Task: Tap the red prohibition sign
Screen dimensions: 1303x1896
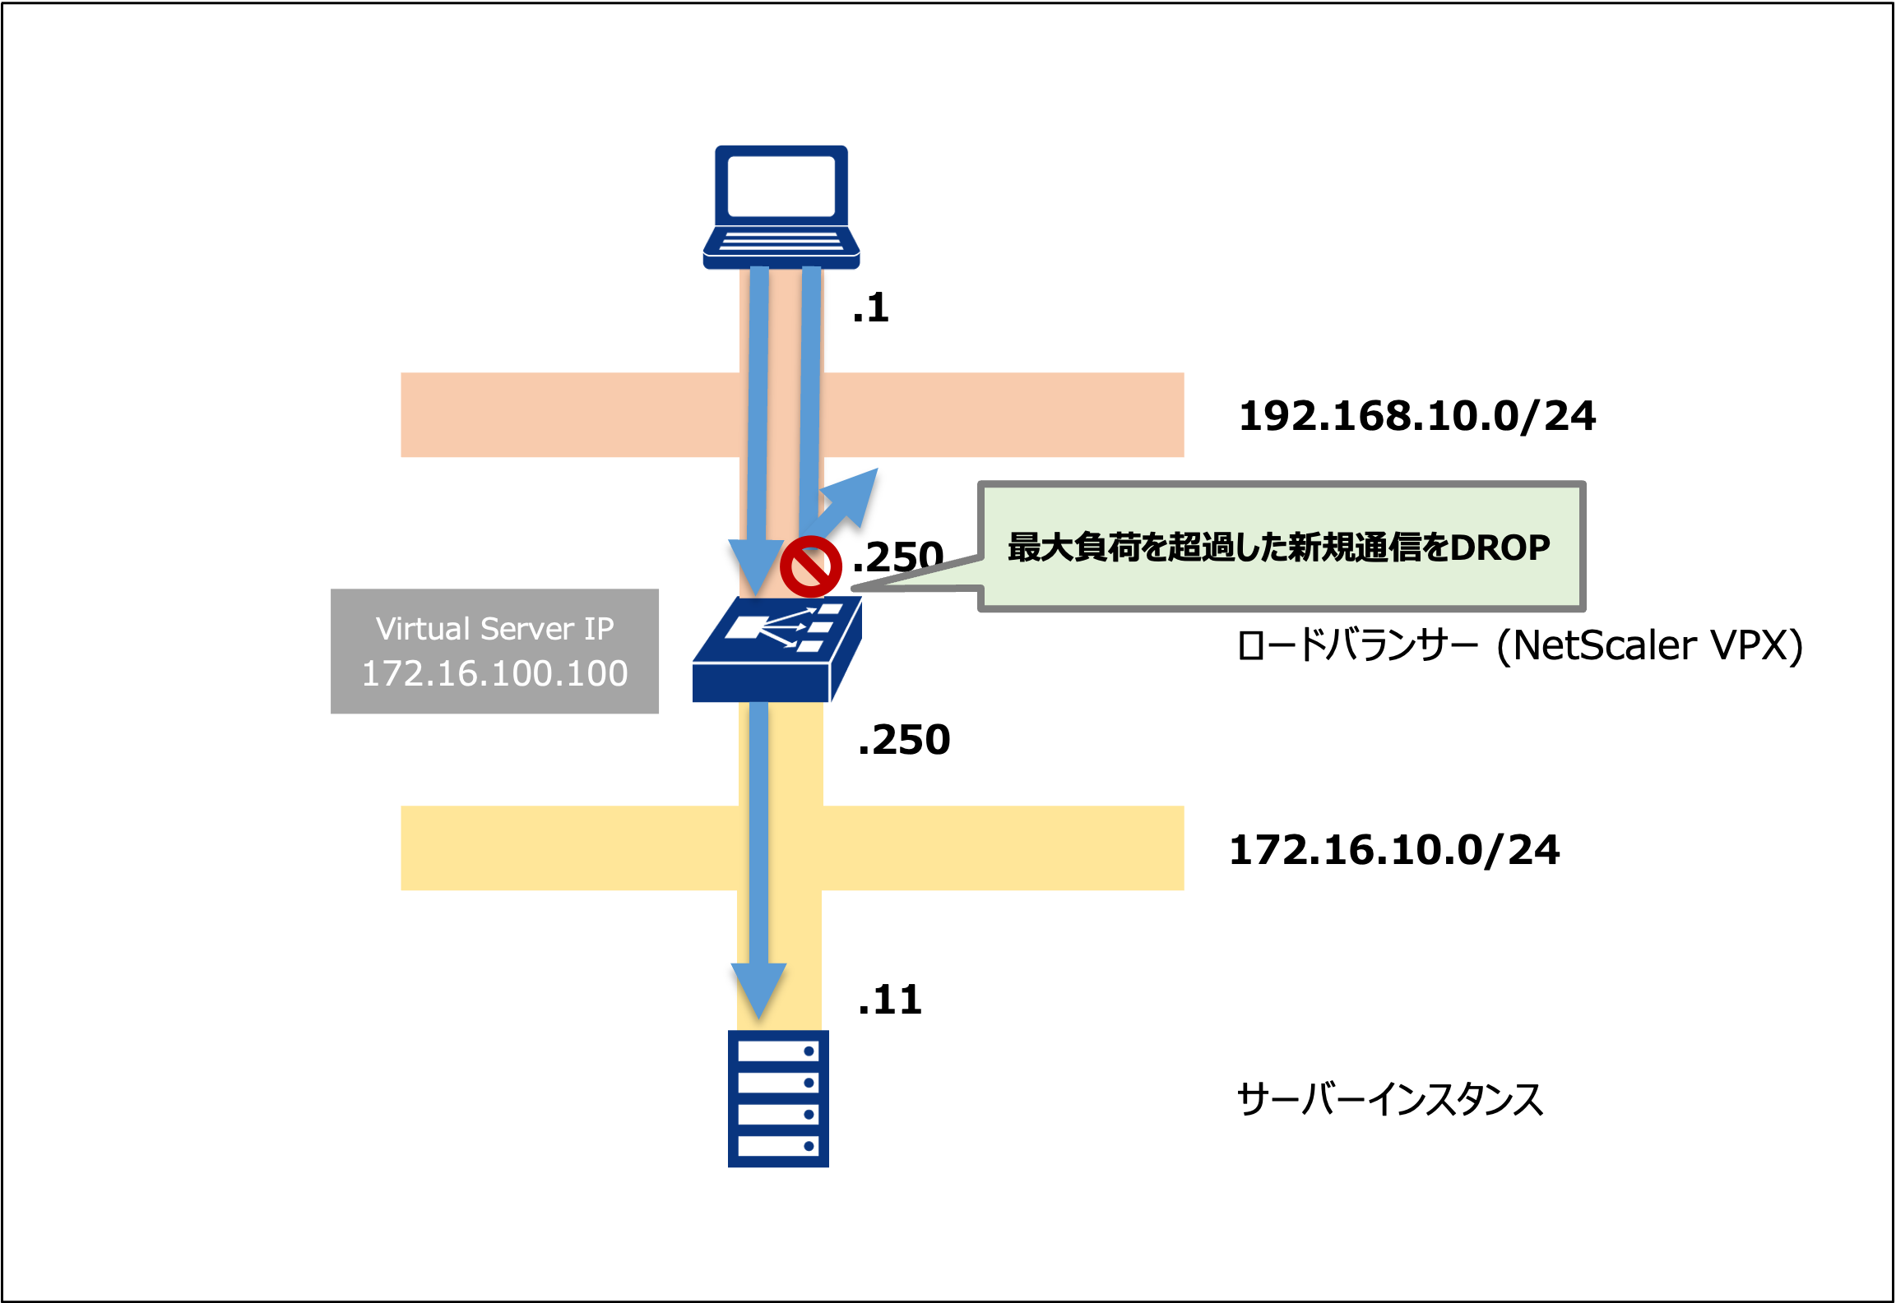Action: pos(810,566)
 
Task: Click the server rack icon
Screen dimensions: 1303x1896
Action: pos(778,1098)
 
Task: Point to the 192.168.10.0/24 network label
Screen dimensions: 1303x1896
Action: pos(1416,416)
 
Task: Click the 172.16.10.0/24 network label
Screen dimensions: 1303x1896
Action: pos(1393,850)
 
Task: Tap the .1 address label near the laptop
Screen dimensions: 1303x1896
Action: pos(870,308)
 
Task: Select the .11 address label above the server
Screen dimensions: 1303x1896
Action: pos(889,1000)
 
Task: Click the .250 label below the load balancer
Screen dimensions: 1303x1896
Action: pos(903,740)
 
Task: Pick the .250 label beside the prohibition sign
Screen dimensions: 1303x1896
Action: pos(897,557)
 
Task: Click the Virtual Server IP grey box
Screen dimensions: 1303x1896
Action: pos(494,650)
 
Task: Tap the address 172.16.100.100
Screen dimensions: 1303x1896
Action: pos(494,674)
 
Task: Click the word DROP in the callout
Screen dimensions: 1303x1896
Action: pos(1499,548)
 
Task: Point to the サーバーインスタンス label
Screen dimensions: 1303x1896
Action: pos(1389,1099)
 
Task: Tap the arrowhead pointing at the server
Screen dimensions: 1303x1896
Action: pos(758,990)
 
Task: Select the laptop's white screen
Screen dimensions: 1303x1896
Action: pos(781,186)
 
